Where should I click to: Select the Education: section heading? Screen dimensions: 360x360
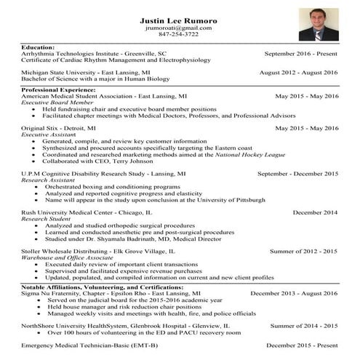tap(39, 47)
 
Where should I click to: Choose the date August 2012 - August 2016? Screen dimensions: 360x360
tap(299, 73)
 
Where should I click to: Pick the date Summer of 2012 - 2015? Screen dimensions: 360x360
tap(304, 251)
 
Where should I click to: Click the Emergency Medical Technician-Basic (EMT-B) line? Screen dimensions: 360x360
tap(89, 344)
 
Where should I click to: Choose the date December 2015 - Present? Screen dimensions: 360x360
tap(302, 344)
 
